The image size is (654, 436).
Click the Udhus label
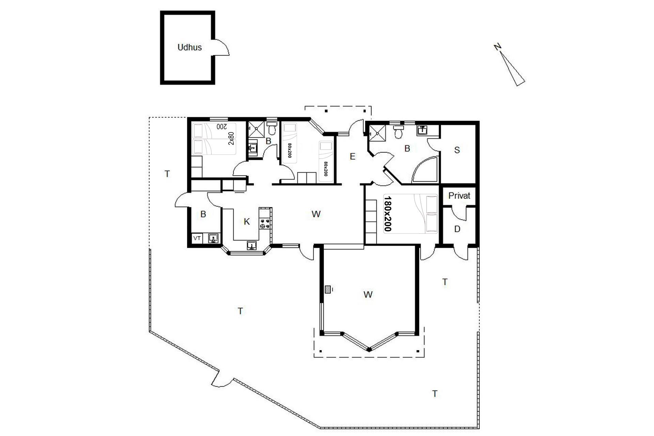tap(190, 47)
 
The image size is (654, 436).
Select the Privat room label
tap(459, 196)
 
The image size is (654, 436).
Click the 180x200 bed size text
tap(388, 214)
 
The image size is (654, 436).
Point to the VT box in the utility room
tap(197, 238)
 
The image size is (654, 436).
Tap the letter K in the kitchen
tap(247, 222)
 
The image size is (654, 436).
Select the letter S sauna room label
tap(457, 150)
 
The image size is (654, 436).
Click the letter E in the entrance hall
tap(353, 156)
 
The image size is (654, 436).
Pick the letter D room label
tap(457, 229)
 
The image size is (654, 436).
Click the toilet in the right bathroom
tap(398, 132)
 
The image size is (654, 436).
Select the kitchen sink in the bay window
tap(252, 246)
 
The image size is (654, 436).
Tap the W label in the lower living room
tap(368, 295)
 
